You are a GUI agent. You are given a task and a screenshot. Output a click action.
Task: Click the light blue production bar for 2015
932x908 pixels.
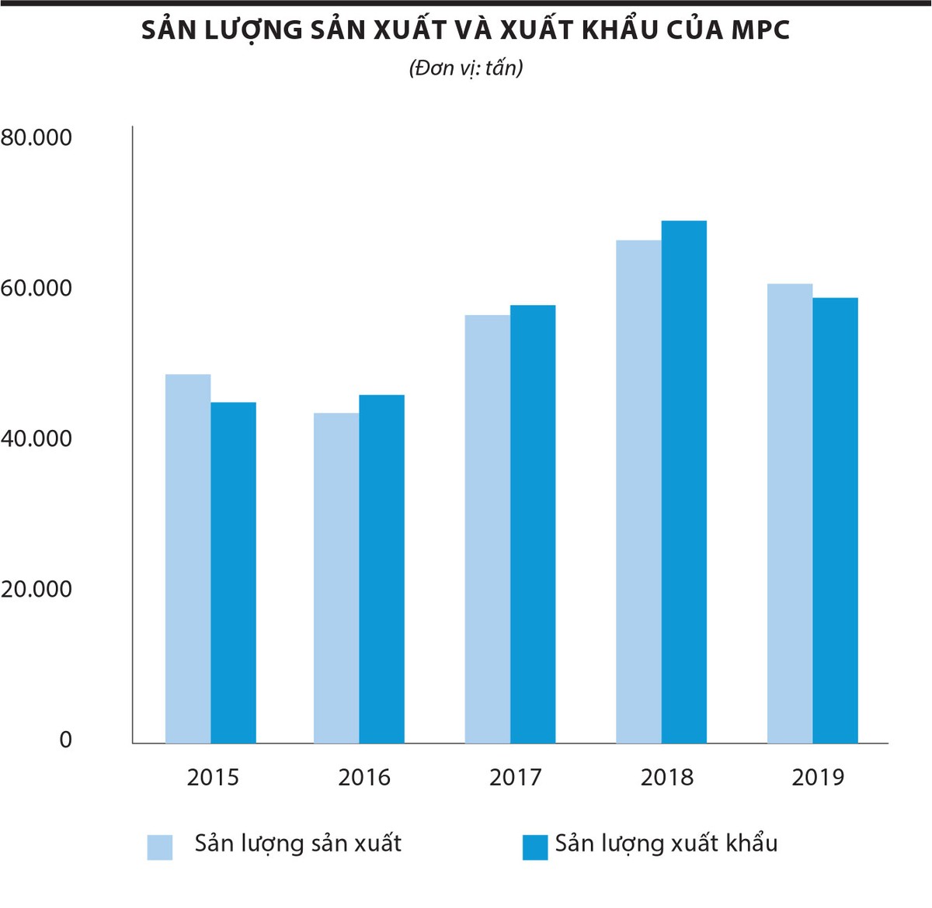(x=188, y=559)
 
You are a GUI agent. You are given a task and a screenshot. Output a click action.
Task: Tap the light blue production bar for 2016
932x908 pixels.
(x=336, y=578)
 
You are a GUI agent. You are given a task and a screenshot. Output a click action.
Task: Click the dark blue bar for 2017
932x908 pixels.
(x=533, y=524)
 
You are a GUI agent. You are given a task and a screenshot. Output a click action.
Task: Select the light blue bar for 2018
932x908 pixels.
(x=638, y=492)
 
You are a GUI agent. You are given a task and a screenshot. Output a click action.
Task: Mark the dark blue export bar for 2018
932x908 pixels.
(x=684, y=482)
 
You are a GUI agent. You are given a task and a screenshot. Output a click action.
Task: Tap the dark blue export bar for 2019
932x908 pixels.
(x=835, y=521)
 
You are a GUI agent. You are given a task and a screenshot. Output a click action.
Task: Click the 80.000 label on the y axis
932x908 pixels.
(x=37, y=138)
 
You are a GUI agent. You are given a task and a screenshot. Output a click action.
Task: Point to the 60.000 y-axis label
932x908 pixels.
(x=37, y=289)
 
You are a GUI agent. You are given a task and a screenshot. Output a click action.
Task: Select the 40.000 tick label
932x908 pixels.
(x=37, y=439)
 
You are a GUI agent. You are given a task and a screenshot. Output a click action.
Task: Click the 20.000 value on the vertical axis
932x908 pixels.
(x=37, y=590)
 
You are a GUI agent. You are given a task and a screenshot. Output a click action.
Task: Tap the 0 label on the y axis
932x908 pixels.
(x=65, y=740)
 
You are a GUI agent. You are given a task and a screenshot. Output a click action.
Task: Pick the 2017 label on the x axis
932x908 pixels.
(x=515, y=778)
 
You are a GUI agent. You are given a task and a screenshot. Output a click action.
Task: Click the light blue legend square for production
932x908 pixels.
(x=160, y=847)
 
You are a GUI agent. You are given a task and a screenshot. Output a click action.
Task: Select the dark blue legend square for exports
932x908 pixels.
(x=535, y=847)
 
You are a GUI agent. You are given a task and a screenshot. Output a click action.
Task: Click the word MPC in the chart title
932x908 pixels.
(x=760, y=30)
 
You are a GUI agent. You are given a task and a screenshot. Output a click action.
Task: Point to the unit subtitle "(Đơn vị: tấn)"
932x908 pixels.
(x=466, y=68)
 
